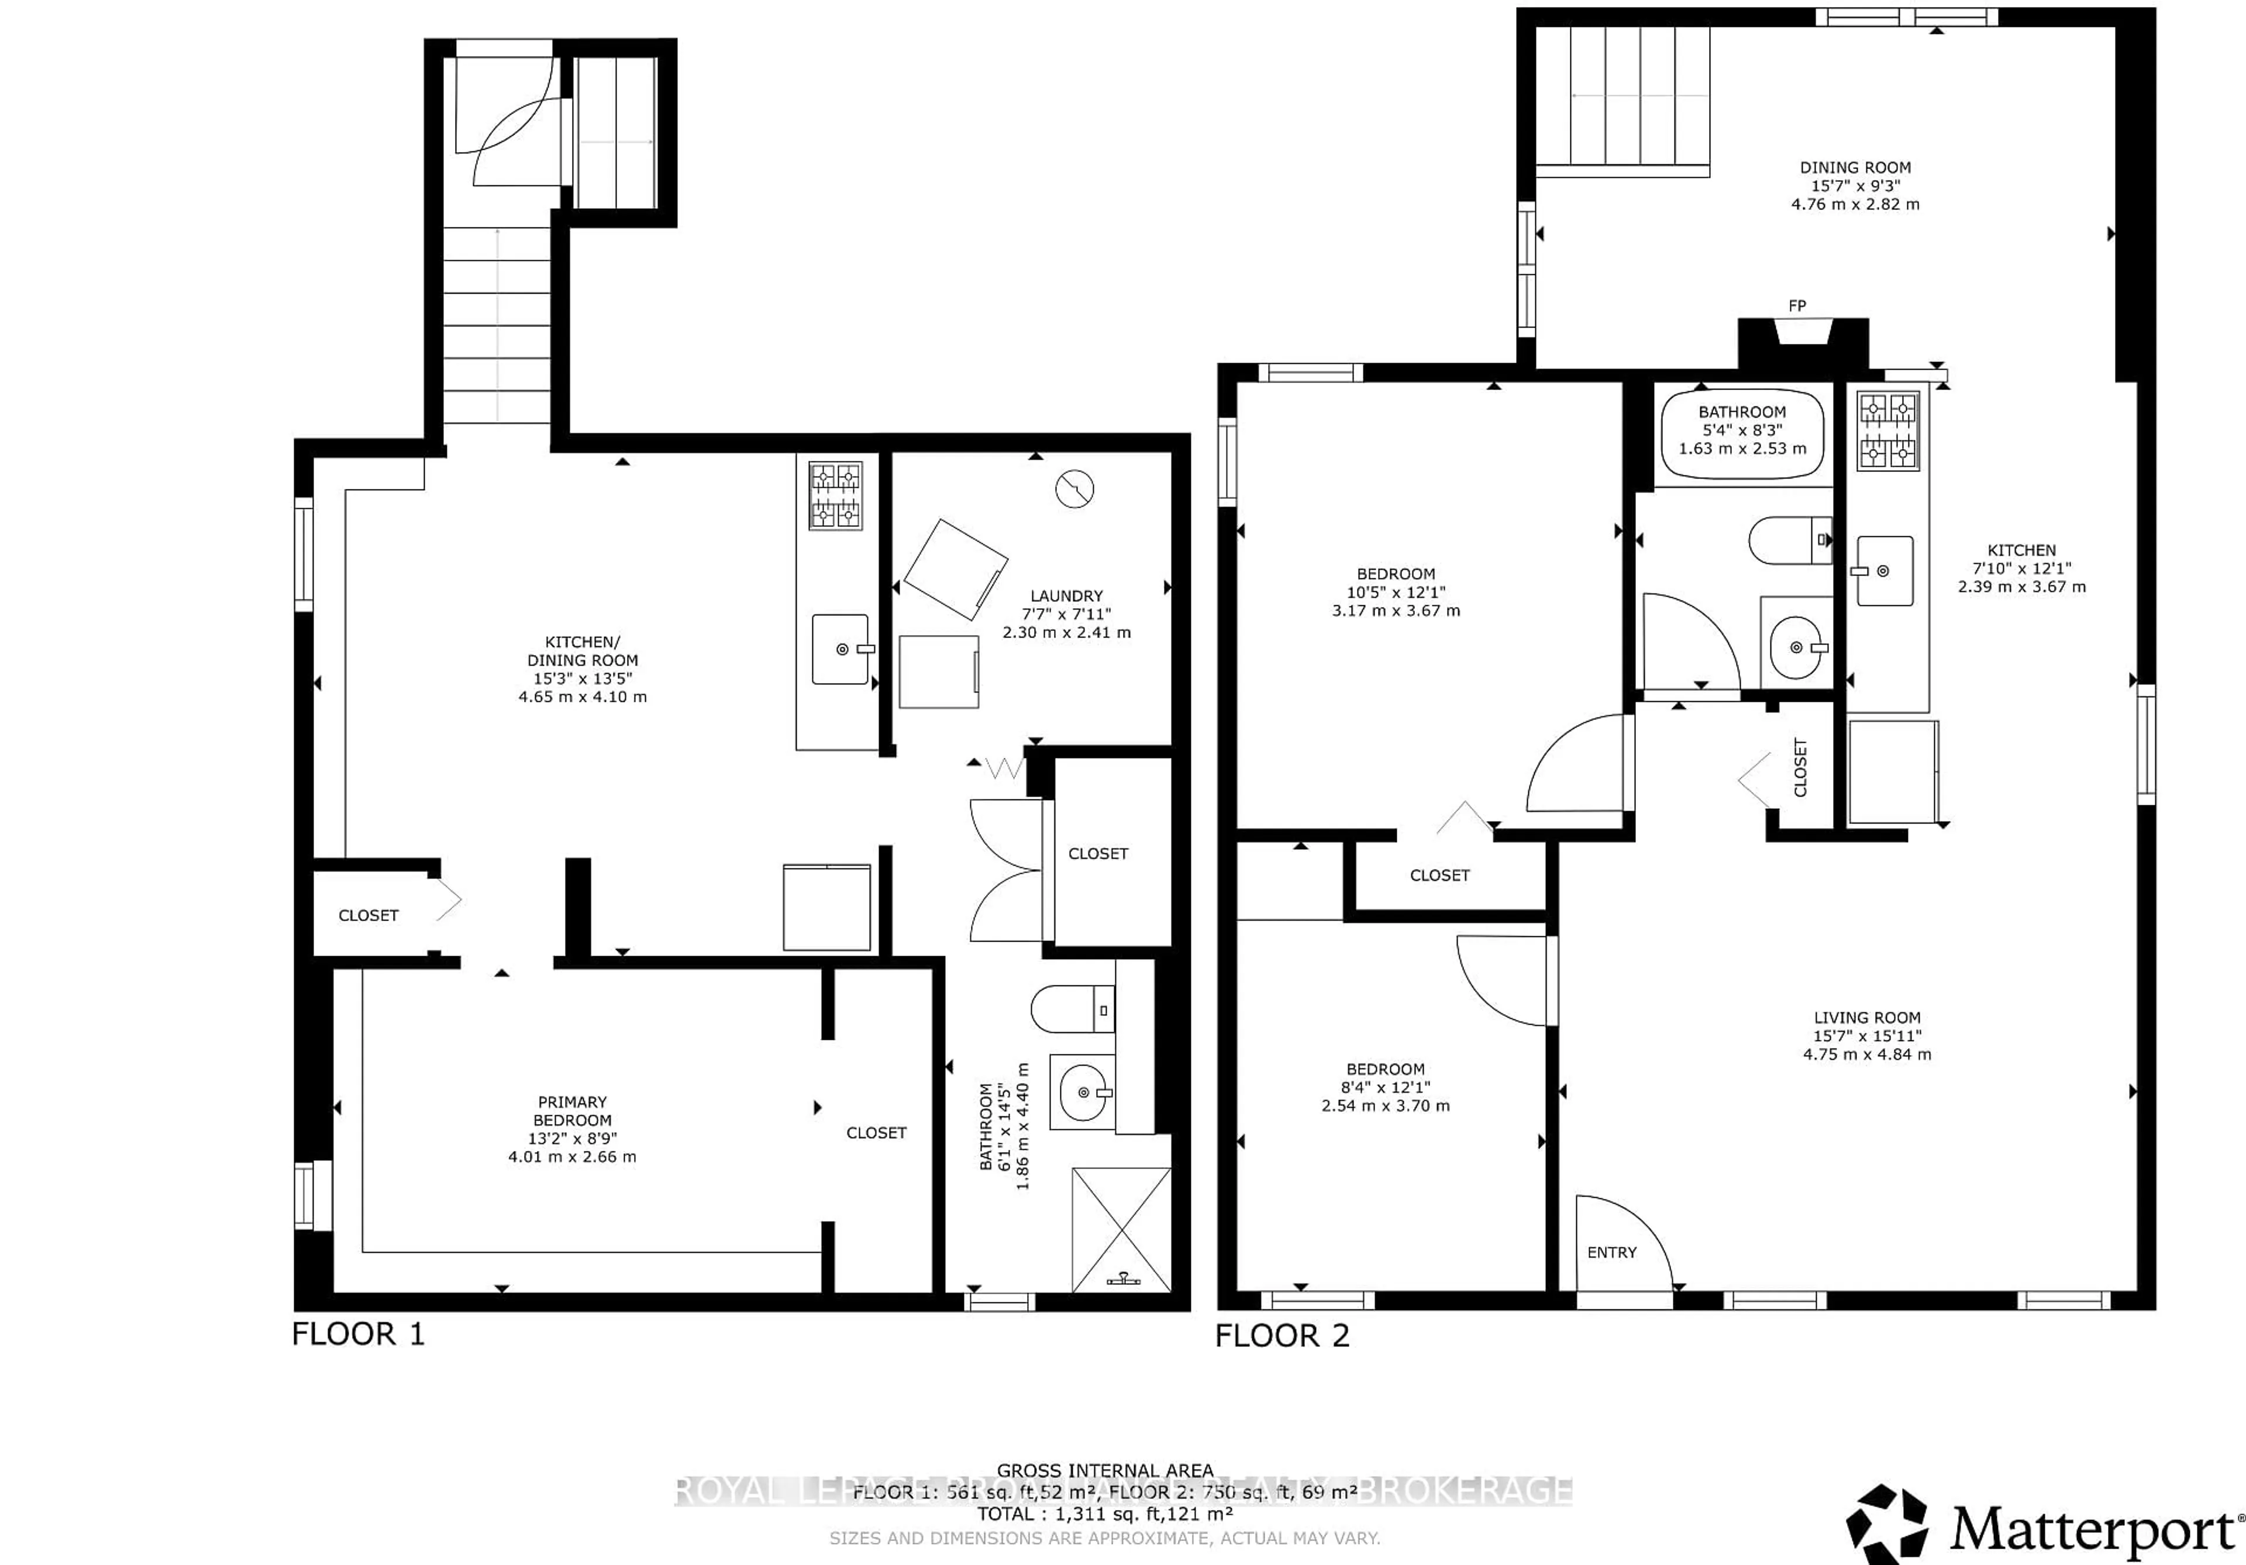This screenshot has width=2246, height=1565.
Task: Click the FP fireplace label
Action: click(x=1797, y=306)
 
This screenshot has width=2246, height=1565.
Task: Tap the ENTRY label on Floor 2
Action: click(x=1611, y=1252)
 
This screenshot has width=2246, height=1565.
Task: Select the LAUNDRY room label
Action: click(x=1066, y=596)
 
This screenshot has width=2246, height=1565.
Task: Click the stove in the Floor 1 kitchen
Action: click(x=835, y=496)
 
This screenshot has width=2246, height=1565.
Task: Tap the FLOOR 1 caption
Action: click(x=358, y=1334)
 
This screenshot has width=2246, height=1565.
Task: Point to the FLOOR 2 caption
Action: click(x=1282, y=1336)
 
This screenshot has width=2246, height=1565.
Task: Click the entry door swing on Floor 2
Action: click(x=1624, y=1240)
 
